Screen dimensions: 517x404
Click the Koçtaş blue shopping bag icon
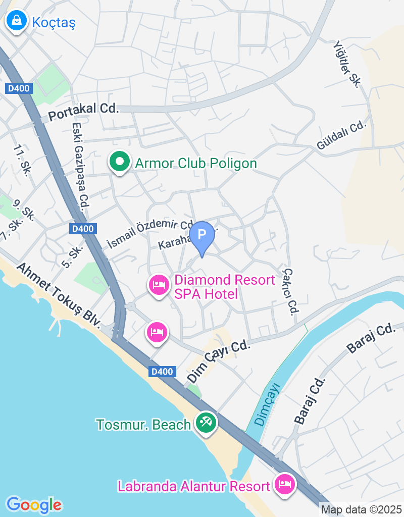coord(17,21)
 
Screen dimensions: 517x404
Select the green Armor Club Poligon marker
coord(120,163)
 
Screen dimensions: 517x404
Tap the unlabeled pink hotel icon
coord(158,332)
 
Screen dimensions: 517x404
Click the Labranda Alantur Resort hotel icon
coord(285,484)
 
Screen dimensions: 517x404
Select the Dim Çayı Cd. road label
coord(219,361)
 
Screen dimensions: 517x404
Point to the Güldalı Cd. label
coord(341,135)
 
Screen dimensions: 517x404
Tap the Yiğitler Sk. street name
coord(346,64)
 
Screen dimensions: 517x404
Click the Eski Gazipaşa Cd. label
coord(81,167)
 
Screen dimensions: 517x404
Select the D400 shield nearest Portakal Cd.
coord(20,88)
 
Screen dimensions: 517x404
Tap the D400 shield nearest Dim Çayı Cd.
coord(163,372)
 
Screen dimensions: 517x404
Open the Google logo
coord(34,504)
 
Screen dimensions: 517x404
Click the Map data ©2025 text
coord(362,510)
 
